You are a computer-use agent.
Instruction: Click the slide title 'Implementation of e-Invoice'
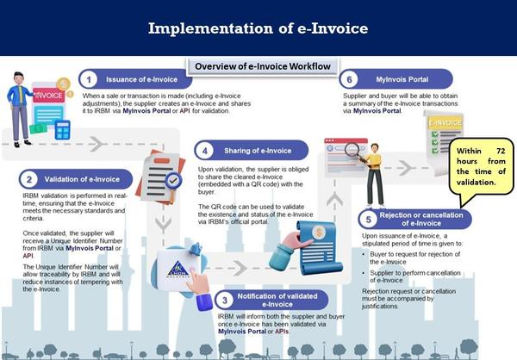point(258,28)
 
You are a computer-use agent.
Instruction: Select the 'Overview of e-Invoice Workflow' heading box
point(263,67)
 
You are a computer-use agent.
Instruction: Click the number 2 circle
point(29,179)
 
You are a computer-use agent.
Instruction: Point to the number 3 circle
point(223,300)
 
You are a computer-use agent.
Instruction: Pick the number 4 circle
point(203,150)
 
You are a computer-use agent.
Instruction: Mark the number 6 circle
point(349,78)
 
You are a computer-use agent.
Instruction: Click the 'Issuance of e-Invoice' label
point(137,79)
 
